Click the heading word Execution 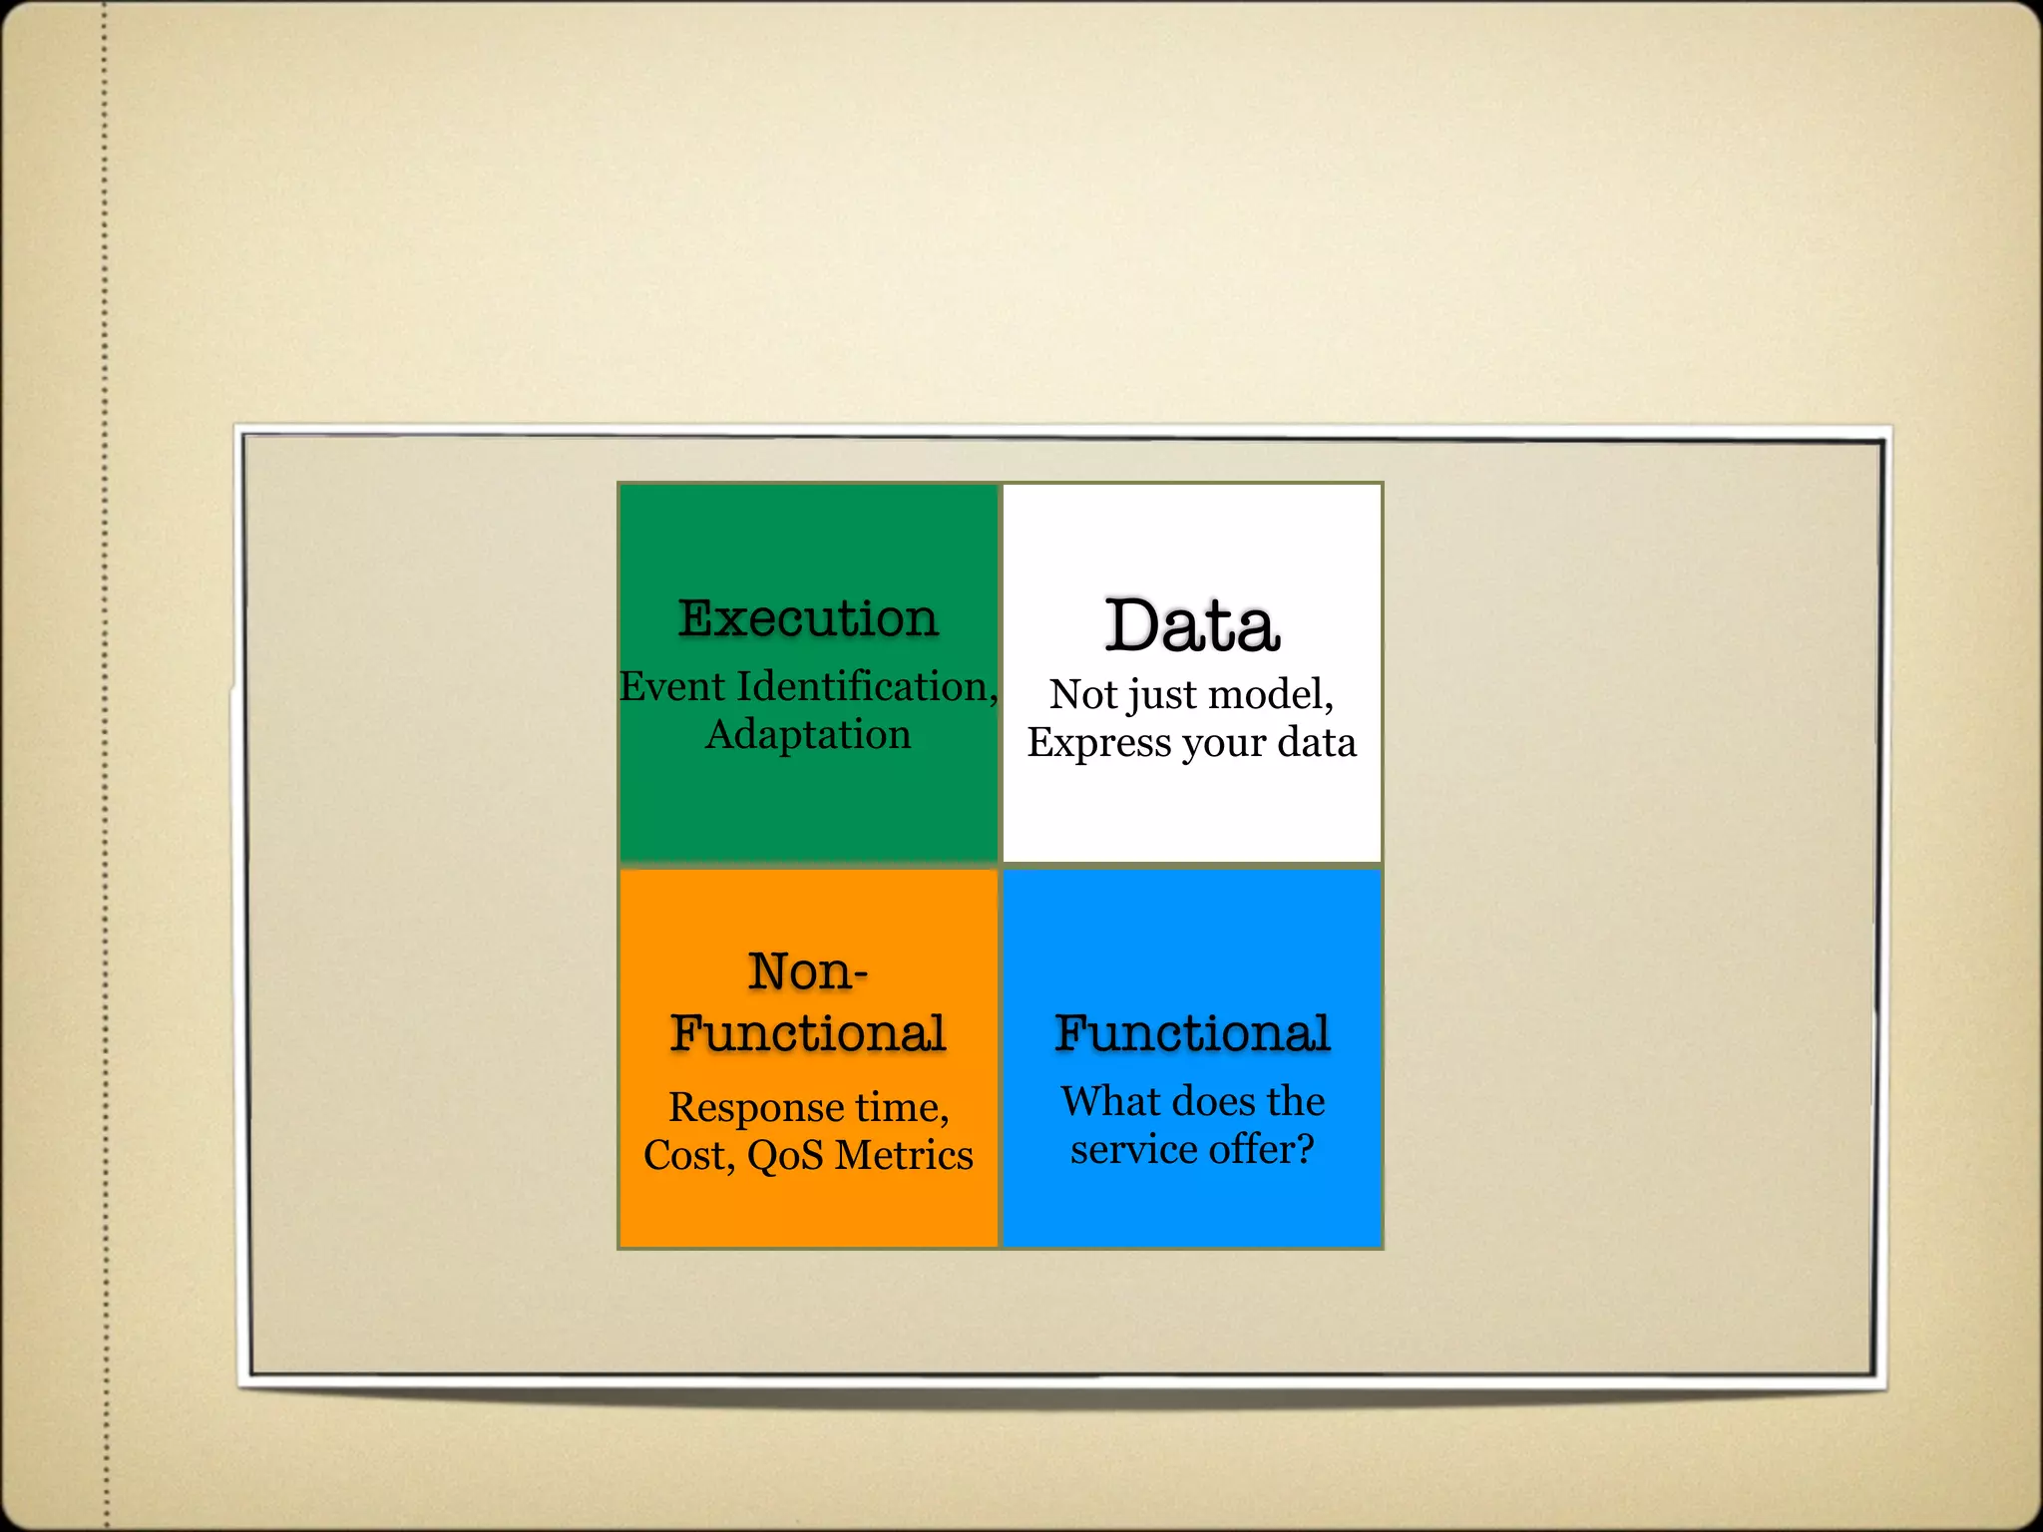click(x=808, y=618)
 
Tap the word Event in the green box click(x=671, y=686)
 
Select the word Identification click(x=863, y=686)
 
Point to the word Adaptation click(x=808, y=735)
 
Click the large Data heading click(x=1192, y=626)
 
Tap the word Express click(x=1099, y=743)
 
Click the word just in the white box click(x=1162, y=695)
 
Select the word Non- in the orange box click(x=808, y=971)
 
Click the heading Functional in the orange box click(x=808, y=1033)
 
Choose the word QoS click(x=786, y=1156)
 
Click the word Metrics click(x=904, y=1156)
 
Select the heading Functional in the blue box click(x=1192, y=1033)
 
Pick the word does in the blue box click(x=1214, y=1102)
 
